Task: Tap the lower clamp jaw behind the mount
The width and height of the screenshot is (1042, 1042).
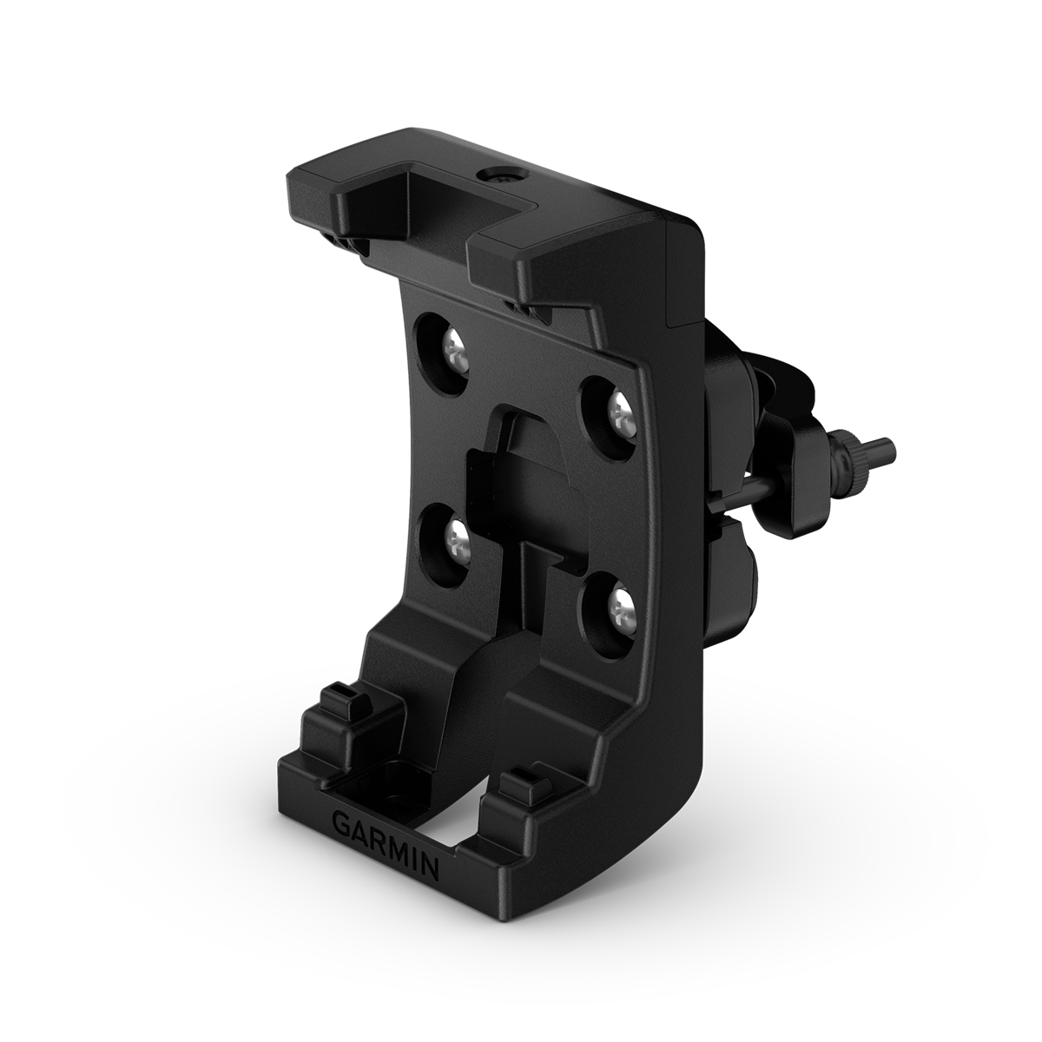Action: (729, 564)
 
